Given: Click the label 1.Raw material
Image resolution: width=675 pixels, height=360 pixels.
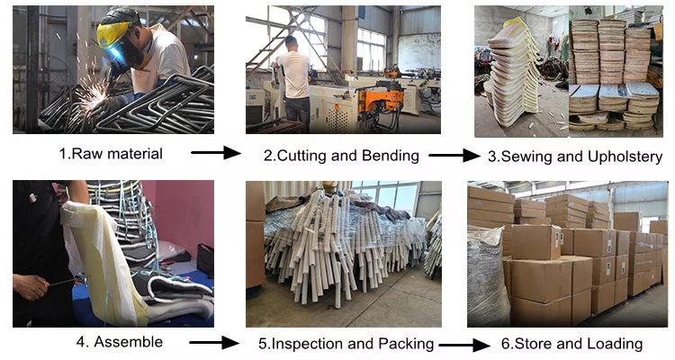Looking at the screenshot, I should click(111, 153).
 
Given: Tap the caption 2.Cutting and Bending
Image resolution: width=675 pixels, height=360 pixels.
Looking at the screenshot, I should click(341, 156).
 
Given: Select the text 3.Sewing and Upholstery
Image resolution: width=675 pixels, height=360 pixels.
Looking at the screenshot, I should click(575, 156).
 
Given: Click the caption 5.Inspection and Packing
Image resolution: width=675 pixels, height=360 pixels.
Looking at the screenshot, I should click(346, 344).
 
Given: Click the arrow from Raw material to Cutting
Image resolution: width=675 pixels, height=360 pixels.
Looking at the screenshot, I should click(216, 153).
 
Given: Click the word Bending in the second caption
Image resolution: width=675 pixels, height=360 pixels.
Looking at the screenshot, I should click(392, 156).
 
